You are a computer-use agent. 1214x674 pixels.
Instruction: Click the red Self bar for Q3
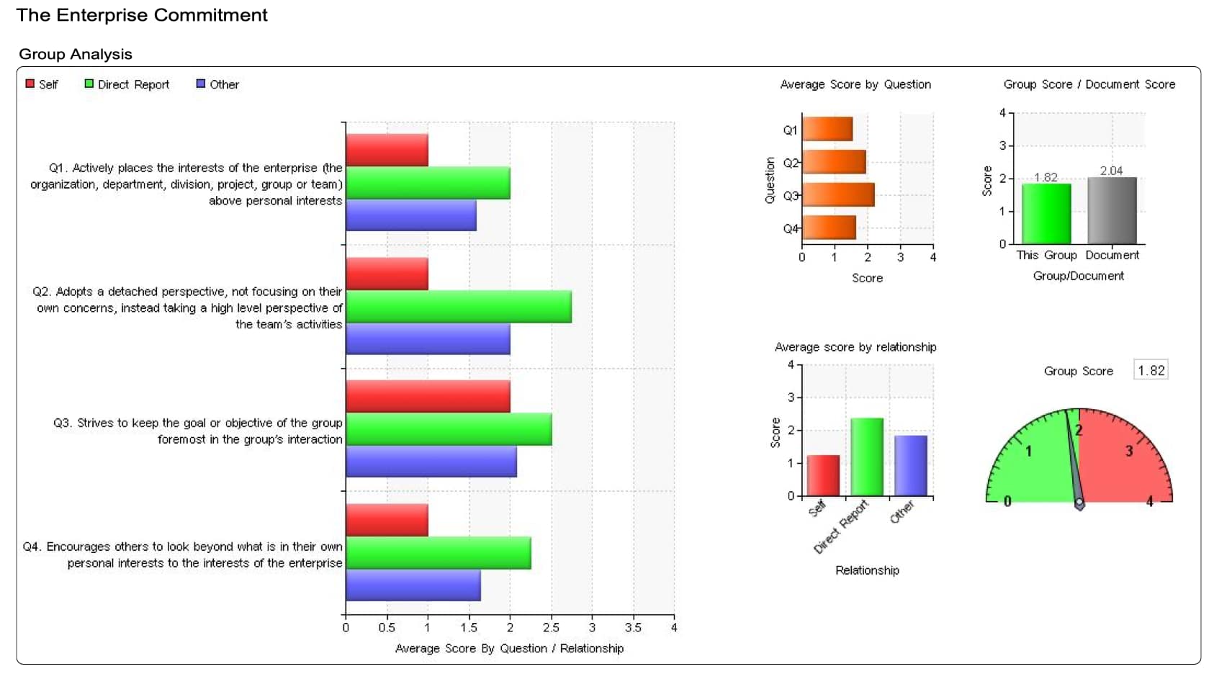tap(428, 396)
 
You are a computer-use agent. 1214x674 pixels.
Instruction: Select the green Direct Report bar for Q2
tap(458, 307)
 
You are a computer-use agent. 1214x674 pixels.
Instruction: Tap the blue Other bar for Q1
tap(410, 215)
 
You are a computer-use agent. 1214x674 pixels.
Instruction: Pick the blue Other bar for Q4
tap(413, 585)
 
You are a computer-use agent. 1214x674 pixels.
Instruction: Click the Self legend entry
tap(42, 84)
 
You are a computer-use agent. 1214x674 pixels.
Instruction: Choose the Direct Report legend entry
tap(127, 84)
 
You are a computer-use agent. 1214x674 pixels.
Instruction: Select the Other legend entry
tap(217, 84)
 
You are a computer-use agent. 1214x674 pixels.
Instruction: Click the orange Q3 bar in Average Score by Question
tap(838, 195)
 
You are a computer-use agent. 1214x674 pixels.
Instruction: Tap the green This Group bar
tap(1046, 214)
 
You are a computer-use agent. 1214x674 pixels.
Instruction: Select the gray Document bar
tap(1112, 210)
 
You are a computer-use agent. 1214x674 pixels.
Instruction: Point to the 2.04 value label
tap(1111, 171)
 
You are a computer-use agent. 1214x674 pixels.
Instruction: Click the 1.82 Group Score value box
tap(1151, 371)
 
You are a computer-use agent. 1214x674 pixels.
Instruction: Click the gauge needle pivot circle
tap(1079, 502)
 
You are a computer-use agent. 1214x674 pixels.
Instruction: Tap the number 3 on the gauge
tap(1129, 451)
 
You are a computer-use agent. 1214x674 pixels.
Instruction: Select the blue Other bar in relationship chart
tap(911, 465)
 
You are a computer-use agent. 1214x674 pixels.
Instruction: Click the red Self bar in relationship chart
tap(823, 475)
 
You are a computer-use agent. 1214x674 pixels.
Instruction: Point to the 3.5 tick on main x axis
tap(633, 627)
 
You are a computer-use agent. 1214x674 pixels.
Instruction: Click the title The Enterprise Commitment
tap(142, 15)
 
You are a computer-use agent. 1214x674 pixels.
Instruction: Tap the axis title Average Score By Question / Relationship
tap(509, 648)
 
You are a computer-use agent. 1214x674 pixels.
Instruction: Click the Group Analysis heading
tap(76, 54)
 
